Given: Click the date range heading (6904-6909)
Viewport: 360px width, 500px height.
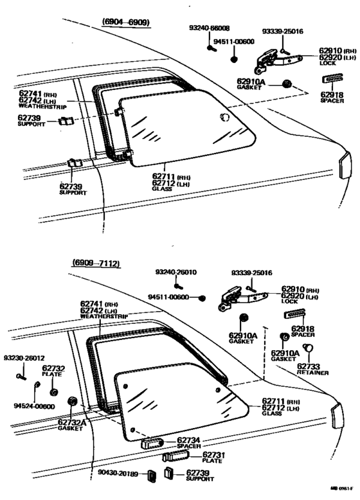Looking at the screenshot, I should point(125,22).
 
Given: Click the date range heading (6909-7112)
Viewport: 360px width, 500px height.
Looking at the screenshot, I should point(96,264).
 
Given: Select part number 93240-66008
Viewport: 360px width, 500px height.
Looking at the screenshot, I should point(210,29).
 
